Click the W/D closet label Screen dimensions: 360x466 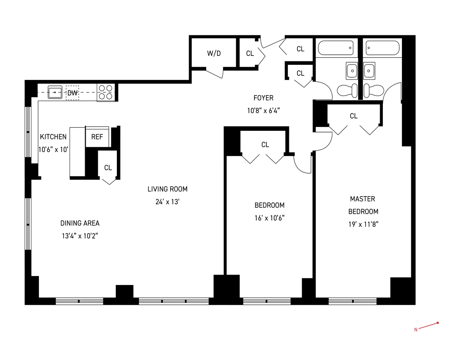(x=214, y=53)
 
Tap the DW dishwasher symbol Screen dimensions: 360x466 (x=72, y=93)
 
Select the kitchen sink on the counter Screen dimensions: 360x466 (x=55, y=93)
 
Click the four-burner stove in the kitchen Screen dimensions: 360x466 (x=106, y=93)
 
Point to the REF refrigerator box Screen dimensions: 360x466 (x=97, y=137)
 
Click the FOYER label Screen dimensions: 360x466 (x=264, y=98)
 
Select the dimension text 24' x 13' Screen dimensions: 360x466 (x=167, y=202)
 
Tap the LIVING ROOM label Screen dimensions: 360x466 (x=167, y=189)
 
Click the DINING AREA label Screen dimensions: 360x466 (x=80, y=223)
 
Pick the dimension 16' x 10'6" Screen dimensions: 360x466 (x=269, y=218)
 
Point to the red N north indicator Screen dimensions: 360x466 (x=416, y=330)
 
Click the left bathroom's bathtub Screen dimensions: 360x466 (x=336, y=48)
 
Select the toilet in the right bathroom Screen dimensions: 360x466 (x=372, y=90)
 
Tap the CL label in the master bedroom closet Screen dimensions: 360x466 (x=353, y=116)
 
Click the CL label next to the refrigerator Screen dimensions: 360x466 (x=108, y=168)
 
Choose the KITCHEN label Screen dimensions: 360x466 (x=53, y=137)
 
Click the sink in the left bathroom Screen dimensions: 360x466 (x=352, y=71)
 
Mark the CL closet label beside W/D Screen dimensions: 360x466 (x=250, y=53)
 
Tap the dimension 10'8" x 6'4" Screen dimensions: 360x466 (x=264, y=110)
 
